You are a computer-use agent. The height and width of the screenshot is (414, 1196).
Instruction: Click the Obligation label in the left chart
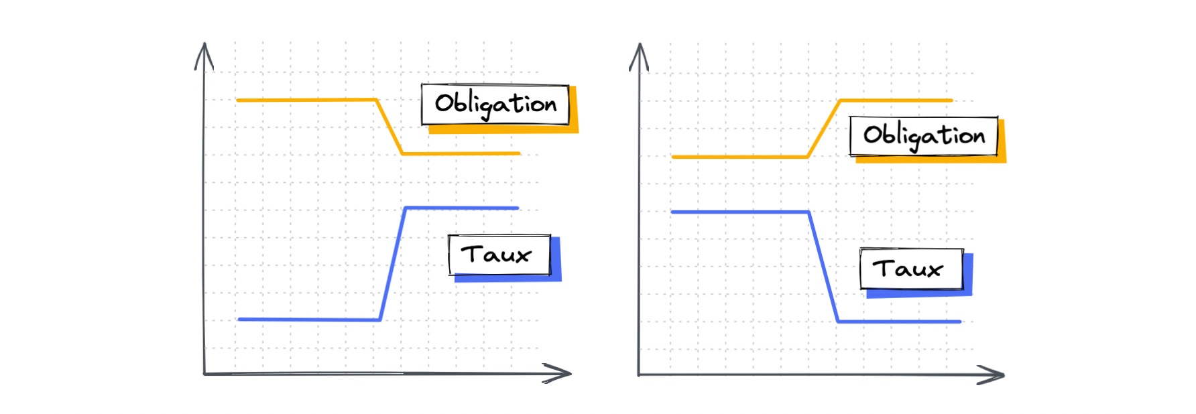(x=495, y=105)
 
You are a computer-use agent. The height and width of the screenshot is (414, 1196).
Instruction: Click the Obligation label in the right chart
(x=923, y=136)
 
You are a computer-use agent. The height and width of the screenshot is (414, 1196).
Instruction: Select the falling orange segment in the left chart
(x=390, y=127)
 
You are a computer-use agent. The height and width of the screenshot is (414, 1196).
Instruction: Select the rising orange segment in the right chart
(x=824, y=129)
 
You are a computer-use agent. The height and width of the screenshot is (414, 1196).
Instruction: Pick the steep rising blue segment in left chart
(x=393, y=264)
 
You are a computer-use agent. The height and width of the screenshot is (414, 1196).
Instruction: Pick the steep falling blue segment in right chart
(x=824, y=267)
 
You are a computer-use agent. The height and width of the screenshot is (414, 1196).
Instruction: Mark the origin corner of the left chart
(x=204, y=373)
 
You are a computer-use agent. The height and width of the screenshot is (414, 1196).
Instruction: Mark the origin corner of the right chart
(x=639, y=374)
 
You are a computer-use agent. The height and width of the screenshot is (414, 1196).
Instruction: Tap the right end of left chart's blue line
(x=518, y=208)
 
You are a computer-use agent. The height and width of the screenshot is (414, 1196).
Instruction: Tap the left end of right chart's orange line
(x=673, y=157)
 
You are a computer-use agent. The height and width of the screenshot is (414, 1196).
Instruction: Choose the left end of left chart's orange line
(x=238, y=100)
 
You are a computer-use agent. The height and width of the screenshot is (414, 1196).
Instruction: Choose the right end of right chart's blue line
(x=960, y=322)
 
